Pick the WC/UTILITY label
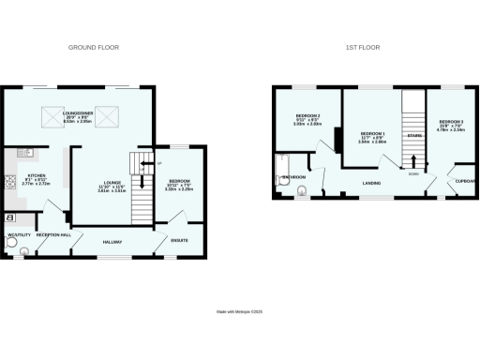coord(19,235)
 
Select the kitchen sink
coord(19,149)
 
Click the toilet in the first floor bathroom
coord(301,192)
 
